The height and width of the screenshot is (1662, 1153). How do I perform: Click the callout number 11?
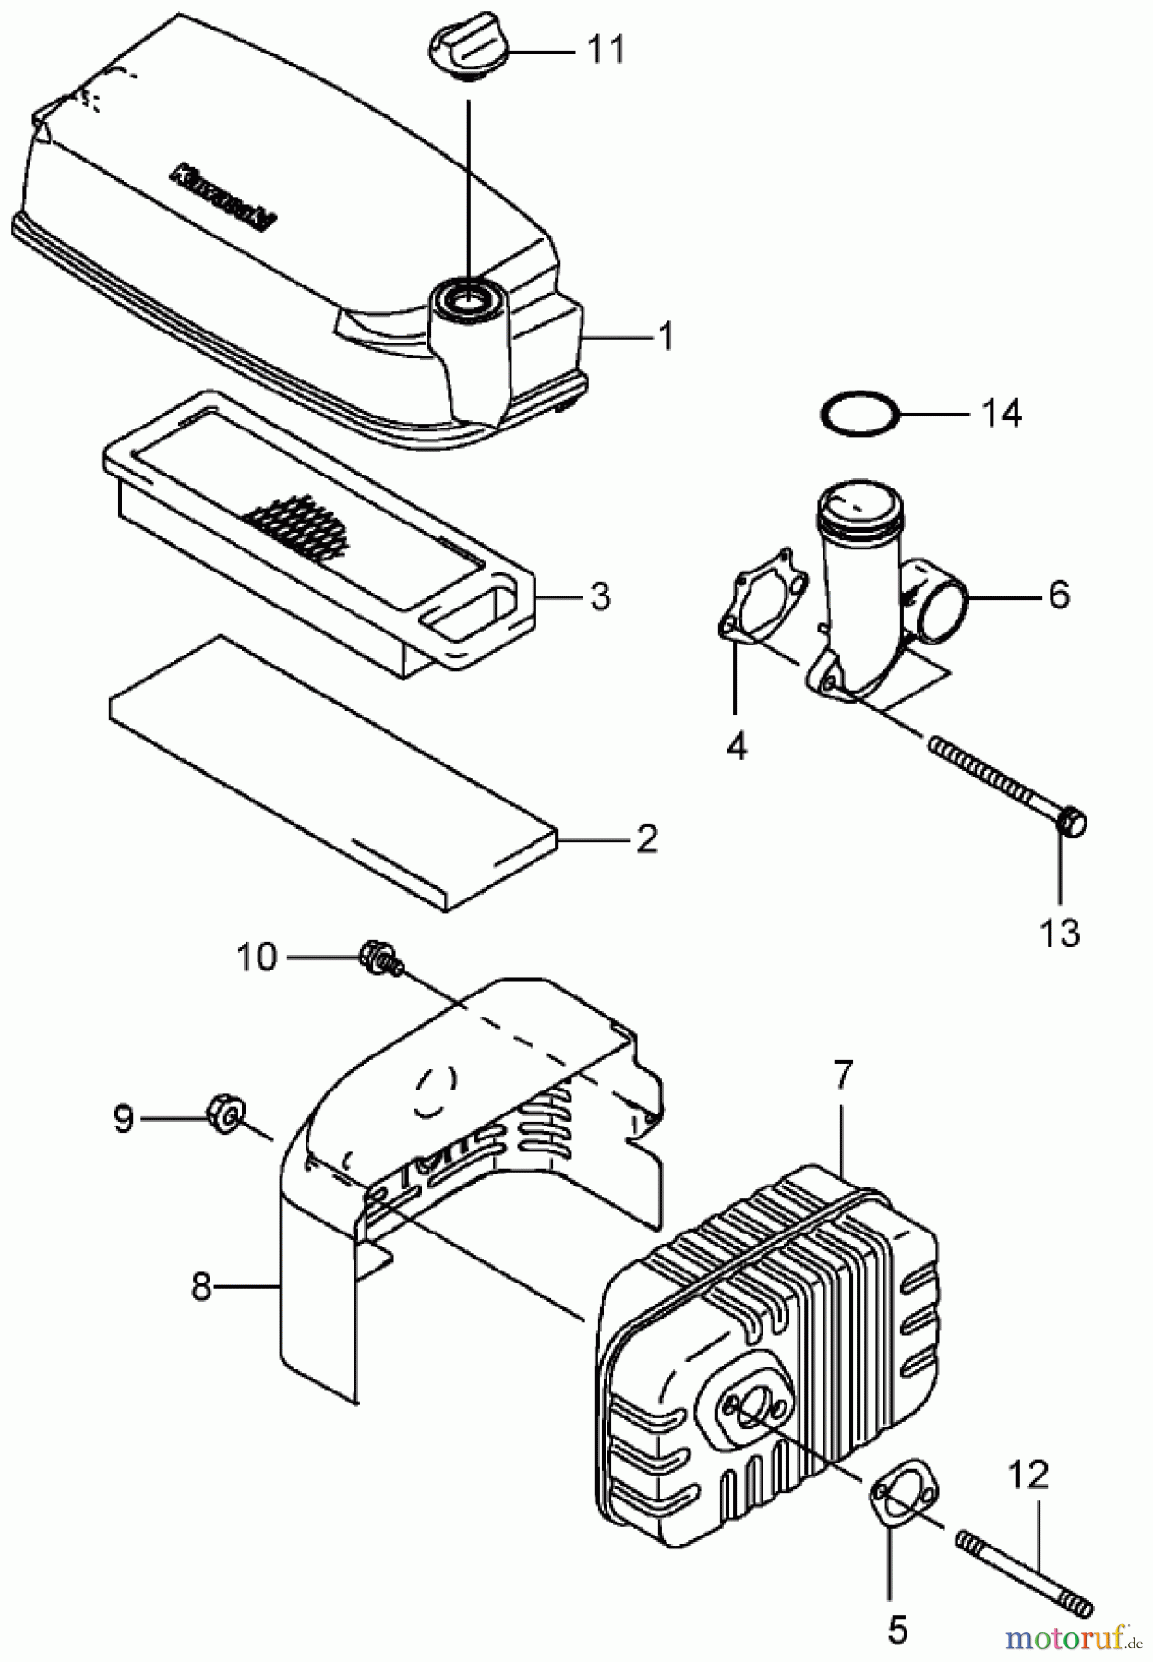[x=606, y=50]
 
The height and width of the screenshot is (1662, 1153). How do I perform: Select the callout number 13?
[x=1060, y=933]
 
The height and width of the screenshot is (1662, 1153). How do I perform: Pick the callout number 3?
[x=600, y=596]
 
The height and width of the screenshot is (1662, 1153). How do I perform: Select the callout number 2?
[x=646, y=839]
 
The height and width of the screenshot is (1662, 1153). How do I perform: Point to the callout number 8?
[x=201, y=1286]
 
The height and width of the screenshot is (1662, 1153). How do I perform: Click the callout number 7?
[x=843, y=1075]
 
